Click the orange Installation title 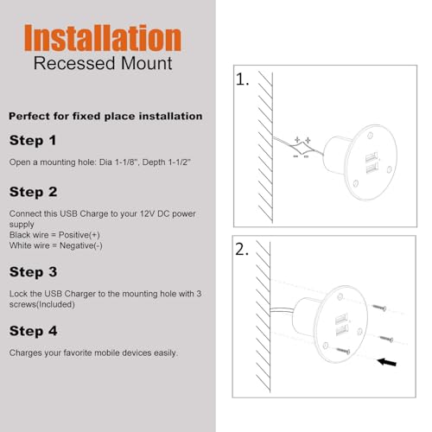click(103, 38)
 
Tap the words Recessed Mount click(103, 63)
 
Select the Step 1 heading click(33, 141)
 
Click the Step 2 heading click(33, 192)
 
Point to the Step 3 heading click(33, 272)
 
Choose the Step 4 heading click(33, 331)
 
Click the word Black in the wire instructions click(19, 235)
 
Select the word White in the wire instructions click(19, 245)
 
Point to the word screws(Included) click(42, 304)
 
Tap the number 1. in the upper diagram click(243, 79)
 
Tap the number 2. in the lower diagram click(242, 250)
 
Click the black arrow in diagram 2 click(387, 362)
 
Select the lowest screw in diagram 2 click(343, 351)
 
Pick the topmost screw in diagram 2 click(379, 308)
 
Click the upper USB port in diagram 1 click(372, 157)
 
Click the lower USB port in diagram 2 click(342, 330)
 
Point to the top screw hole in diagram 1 click(371, 135)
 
